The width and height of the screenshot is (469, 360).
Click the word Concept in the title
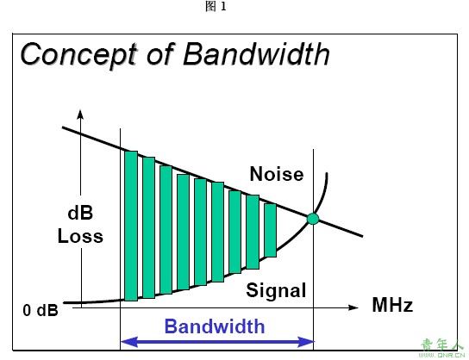(79, 54)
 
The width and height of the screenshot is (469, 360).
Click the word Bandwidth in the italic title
(256, 53)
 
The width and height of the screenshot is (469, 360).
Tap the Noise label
(277, 174)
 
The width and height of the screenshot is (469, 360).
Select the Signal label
(276, 290)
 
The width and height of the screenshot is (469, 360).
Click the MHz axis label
(392, 305)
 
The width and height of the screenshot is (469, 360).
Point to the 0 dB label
(41, 310)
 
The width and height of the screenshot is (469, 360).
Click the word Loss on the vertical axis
(80, 236)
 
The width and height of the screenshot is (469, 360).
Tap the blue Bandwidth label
(215, 326)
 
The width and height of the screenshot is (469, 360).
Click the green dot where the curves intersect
(313, 219)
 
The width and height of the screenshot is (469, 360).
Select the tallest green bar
(131, 226)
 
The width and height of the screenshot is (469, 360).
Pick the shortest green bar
(271, 230)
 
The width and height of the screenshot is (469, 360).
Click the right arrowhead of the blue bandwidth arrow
(306, 342)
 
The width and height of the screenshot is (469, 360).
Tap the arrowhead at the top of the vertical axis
(80, 115)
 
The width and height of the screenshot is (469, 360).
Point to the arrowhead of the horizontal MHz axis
(353, 307)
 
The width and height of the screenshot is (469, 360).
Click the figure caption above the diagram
(216, 6)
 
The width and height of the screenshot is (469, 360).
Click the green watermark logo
(442, 348)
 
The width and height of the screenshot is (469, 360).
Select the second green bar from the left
(148, 227)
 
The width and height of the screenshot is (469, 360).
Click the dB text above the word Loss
(80, 213)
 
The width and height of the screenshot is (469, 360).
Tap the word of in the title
(159, 54)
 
